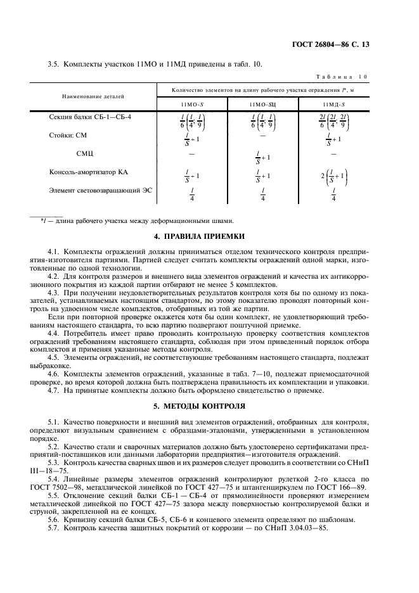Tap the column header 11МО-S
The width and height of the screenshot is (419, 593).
pyautogui.click(x=191, y=104)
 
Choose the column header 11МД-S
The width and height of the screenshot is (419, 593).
pyautogui.click(x=333, y=104)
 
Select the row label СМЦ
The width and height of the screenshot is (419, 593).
pyautogui.click(x=85, y=153)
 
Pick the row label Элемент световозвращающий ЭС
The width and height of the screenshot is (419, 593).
pyautogui.click(x=101, y=190)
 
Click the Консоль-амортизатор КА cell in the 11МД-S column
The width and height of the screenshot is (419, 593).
pyautogui.click(x=333, y=176)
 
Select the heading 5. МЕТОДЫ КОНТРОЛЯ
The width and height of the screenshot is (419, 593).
pyautogui.click(x=209, y=404)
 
